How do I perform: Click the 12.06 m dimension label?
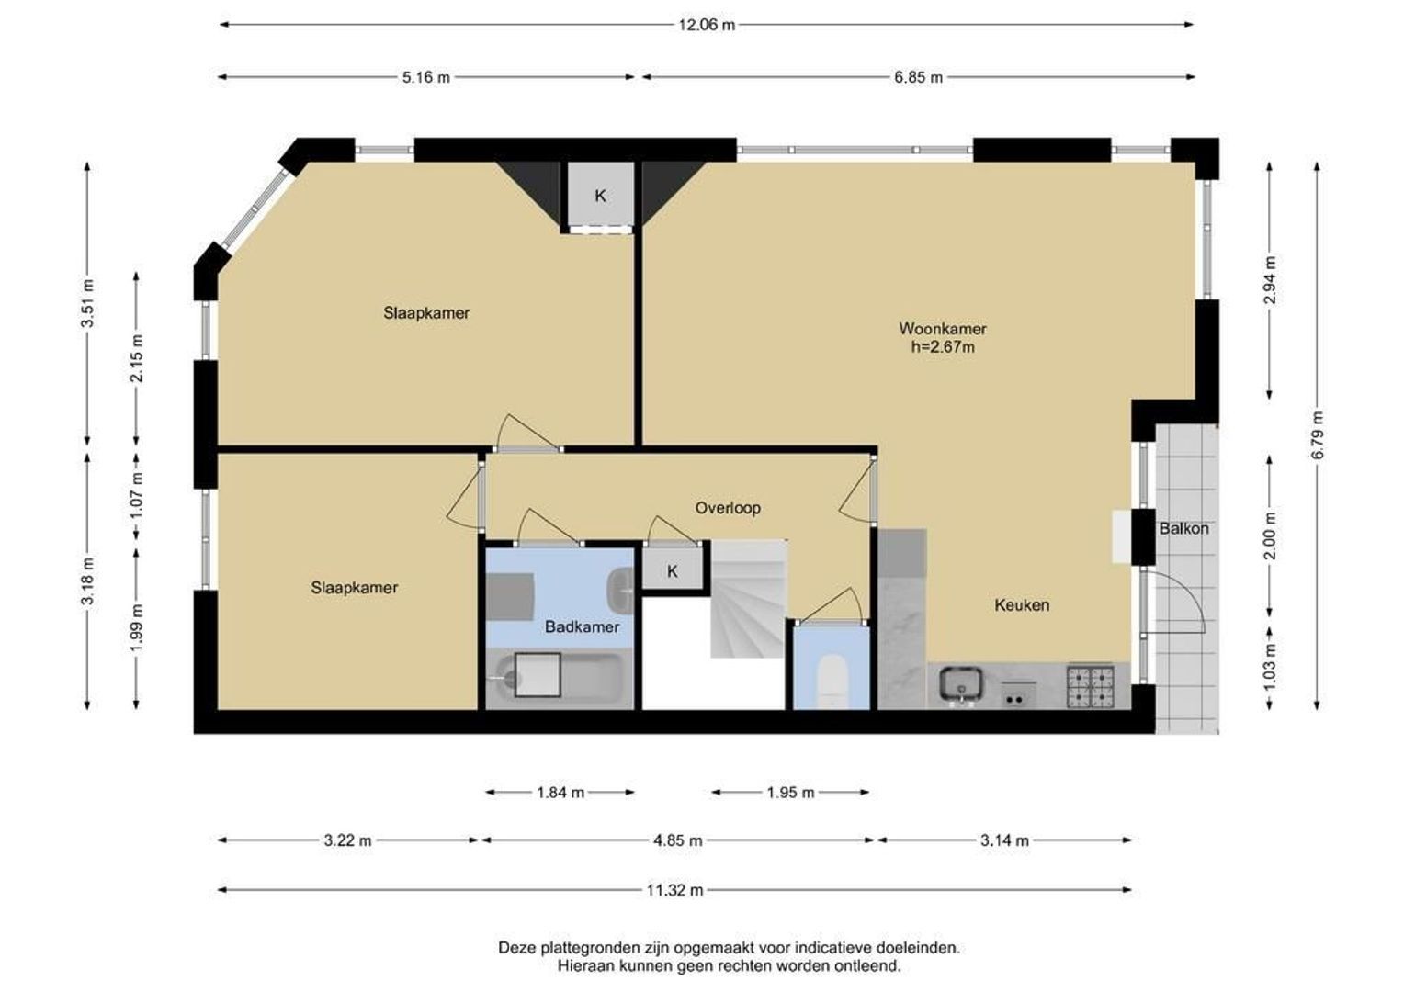point(707,25)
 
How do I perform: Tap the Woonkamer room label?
point(943,328)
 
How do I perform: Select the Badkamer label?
point(582,626)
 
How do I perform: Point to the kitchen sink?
point(961,685)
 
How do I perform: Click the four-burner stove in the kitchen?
point(1092,687)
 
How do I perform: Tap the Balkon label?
point(1183,529)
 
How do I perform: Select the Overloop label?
point(728,508)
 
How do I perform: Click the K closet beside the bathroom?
point(673,570)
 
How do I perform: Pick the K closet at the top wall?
point(600,196)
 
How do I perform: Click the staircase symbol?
point(748,599)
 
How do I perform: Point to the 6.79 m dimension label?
point(1317,435)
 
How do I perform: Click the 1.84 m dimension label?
point(560,793)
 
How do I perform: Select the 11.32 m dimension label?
point(674,890)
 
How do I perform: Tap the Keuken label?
point(1022,604)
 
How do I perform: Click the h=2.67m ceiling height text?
point(943,347)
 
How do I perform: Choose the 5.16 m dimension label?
point(426,78)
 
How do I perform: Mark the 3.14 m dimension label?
point(1004,840)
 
